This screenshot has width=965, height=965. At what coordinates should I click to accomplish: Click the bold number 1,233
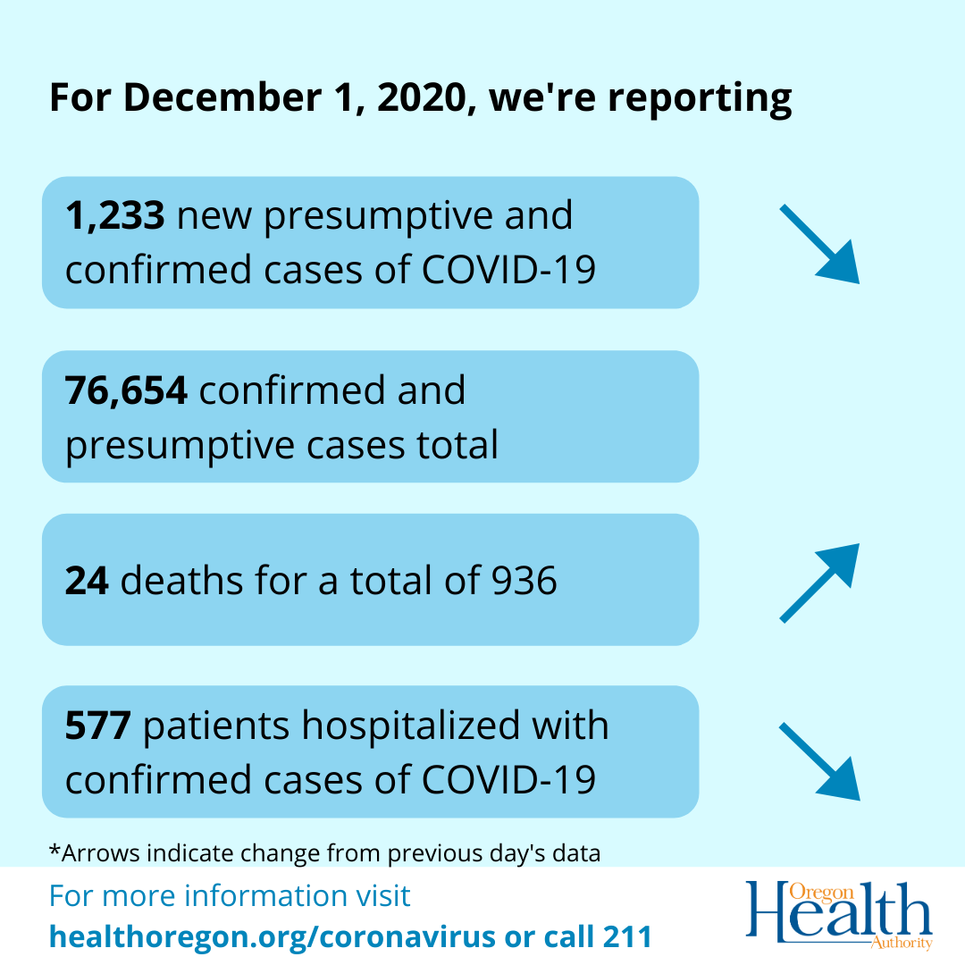[x=114, y=216]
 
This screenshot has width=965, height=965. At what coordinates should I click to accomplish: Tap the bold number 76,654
[x=126, y=390]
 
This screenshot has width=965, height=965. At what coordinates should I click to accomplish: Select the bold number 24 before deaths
[x=87, y=581]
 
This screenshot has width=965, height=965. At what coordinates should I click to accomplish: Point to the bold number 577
[x=98, y=726]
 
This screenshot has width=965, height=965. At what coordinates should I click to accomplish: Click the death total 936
[x=524, y=581]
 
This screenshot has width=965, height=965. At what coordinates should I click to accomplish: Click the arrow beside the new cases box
[x=818, y=244]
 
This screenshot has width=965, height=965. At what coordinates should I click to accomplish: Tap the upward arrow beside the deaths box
[x=818, y=582]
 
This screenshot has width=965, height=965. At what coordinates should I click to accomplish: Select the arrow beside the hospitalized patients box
[x=818, y=760]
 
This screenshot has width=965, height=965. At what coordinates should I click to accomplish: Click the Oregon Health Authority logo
[x=839, y=915]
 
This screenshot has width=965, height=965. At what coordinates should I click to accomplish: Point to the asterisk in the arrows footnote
[x=54, y=851]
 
